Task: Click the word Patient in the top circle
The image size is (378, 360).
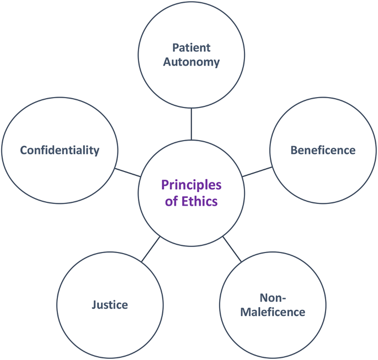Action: click(191, 47)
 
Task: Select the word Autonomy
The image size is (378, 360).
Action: click(191, 62)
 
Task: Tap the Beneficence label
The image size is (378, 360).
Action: click(323, 150)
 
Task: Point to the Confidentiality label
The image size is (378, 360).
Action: click(60, 150)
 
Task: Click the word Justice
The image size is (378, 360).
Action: click(110, 304)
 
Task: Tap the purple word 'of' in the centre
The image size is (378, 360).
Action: click(172, 201)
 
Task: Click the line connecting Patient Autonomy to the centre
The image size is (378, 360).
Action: click(191, 124)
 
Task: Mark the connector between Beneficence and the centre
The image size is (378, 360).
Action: click(256, 171)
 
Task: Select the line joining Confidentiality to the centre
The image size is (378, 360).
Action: click(127, 172)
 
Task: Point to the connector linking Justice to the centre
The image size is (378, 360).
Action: click(151, 249)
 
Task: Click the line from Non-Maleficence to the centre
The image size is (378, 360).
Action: click(232, 249)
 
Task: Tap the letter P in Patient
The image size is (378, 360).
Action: click(175, 47)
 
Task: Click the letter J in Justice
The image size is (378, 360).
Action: click(94, 304)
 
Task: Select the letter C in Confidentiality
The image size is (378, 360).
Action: click(24, 150)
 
